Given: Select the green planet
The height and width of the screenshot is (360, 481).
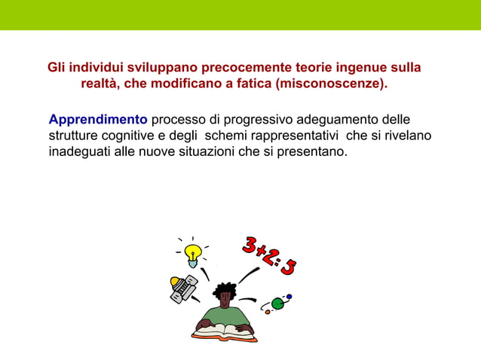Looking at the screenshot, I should tap(277, 304).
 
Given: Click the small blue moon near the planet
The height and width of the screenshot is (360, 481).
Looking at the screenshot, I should tap(289, 297).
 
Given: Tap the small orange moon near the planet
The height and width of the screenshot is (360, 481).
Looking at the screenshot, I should tap(266, 310).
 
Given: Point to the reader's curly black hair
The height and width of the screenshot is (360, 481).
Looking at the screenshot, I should tap(224, 291).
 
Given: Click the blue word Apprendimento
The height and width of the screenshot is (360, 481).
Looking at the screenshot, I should tap(98, 120).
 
